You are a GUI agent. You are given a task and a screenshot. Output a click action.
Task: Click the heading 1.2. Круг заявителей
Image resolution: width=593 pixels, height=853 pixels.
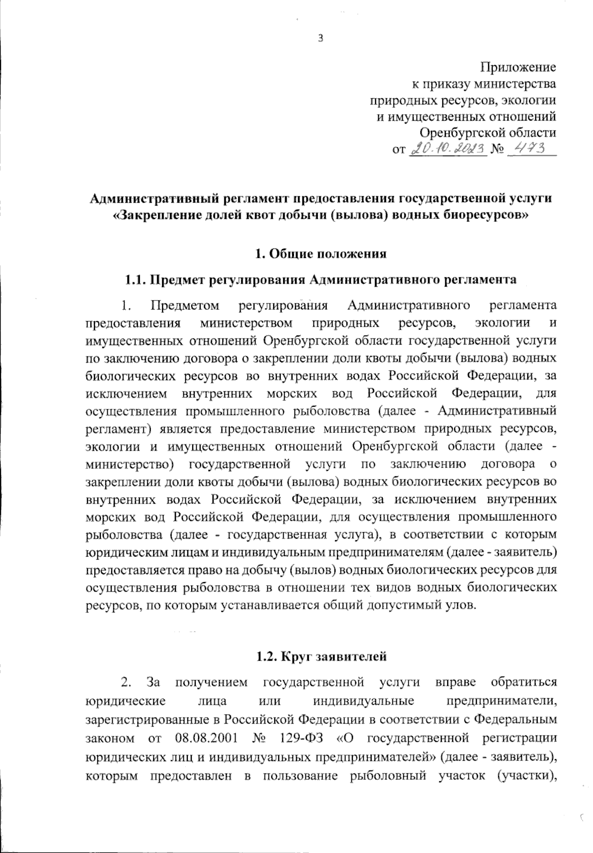click(320, 656)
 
